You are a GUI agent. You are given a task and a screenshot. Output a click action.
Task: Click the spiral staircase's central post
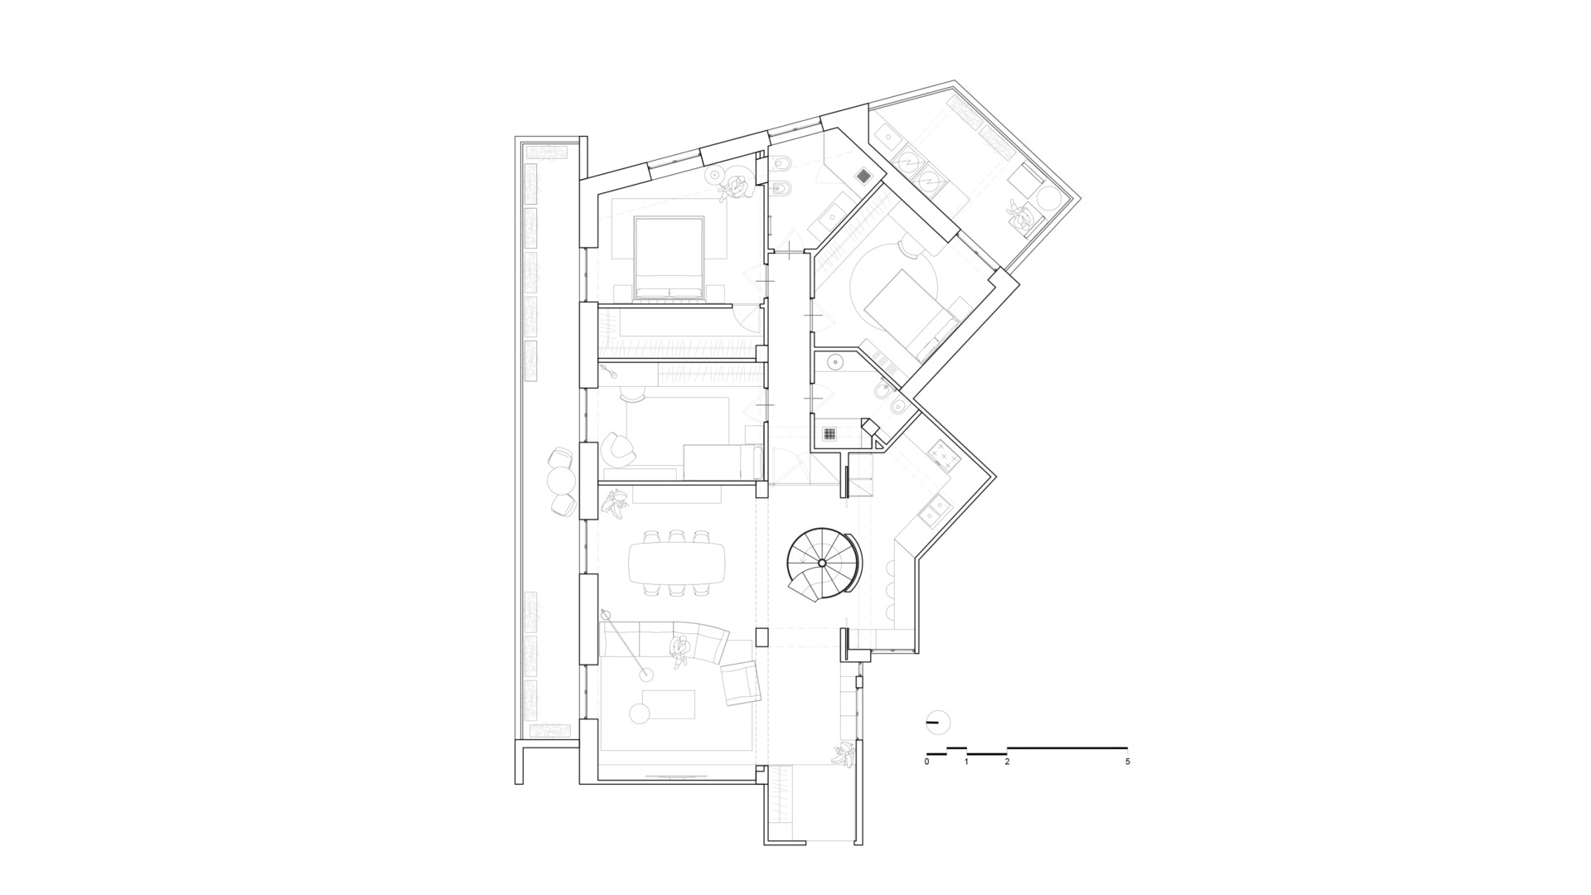pos(821,563)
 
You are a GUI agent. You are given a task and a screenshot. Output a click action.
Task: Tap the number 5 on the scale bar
pos(1128,761)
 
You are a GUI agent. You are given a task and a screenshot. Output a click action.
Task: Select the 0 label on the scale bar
pos(927,761)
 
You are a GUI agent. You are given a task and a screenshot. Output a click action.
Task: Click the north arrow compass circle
pos(937,723)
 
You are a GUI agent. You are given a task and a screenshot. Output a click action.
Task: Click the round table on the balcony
pos(561,480)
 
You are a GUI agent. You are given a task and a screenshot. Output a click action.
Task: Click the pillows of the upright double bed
pos(669,291)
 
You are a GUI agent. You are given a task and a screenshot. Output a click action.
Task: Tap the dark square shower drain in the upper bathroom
pos(863,176)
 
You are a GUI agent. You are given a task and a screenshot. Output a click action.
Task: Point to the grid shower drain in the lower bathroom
pos(830,433)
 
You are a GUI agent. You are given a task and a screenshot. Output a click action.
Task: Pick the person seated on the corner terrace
pos(1022,217)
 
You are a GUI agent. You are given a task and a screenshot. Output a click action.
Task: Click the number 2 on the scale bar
pos(1007,761)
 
